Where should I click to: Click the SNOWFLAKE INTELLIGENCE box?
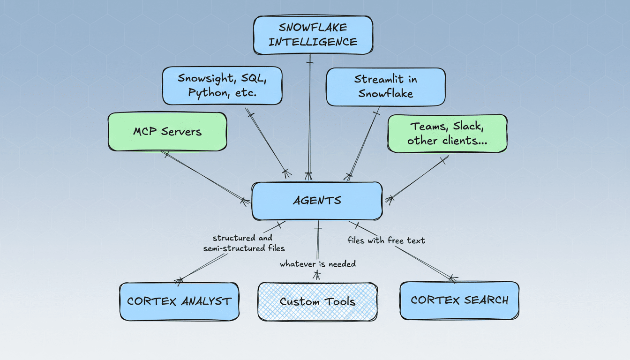pyautogui.click(x=313, y=35)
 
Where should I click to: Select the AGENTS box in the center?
pyautogui.click(x=317, y=201)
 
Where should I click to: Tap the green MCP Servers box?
pyautogui.click(x=167, y=132)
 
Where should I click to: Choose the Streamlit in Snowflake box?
pyautogui.click(x=385, y=87)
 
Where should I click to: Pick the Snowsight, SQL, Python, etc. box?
pyautogui.click(x=222, y=85)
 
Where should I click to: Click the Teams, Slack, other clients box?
pyautogui.click(x=447, y=134)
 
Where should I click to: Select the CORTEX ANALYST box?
pyautogui.click(x=179, y=301)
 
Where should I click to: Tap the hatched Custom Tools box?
pyautogui.click(x=317, y=301)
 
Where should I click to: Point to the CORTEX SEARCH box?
pyautogui.click(x=459, y=300)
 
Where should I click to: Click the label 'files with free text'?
pyautogui.click(x=386, y=240)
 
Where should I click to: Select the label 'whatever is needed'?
pyautogui.click(x=318, y=264)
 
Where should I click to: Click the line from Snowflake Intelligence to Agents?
pyautogui.click(x=309, y=117)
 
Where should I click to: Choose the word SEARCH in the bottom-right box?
pyautogui.click(x=486, y=300)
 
